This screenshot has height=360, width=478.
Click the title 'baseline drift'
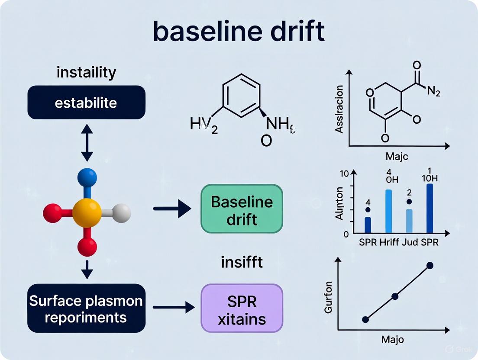coord(239,32)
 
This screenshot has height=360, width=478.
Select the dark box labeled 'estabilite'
coord(86,103)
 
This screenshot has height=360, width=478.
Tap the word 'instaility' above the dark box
coord(86,72)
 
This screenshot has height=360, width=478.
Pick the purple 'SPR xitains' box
coord(242,308)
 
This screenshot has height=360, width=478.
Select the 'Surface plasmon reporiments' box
coord(86,308)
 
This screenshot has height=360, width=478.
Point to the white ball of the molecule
coord(121,213)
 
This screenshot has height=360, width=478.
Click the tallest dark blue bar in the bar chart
coord(429,209)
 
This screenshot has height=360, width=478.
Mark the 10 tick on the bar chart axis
coord(344,174)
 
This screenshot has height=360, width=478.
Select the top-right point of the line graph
coord(430,265)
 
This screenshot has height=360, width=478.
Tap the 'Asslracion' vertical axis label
coord(339,109)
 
